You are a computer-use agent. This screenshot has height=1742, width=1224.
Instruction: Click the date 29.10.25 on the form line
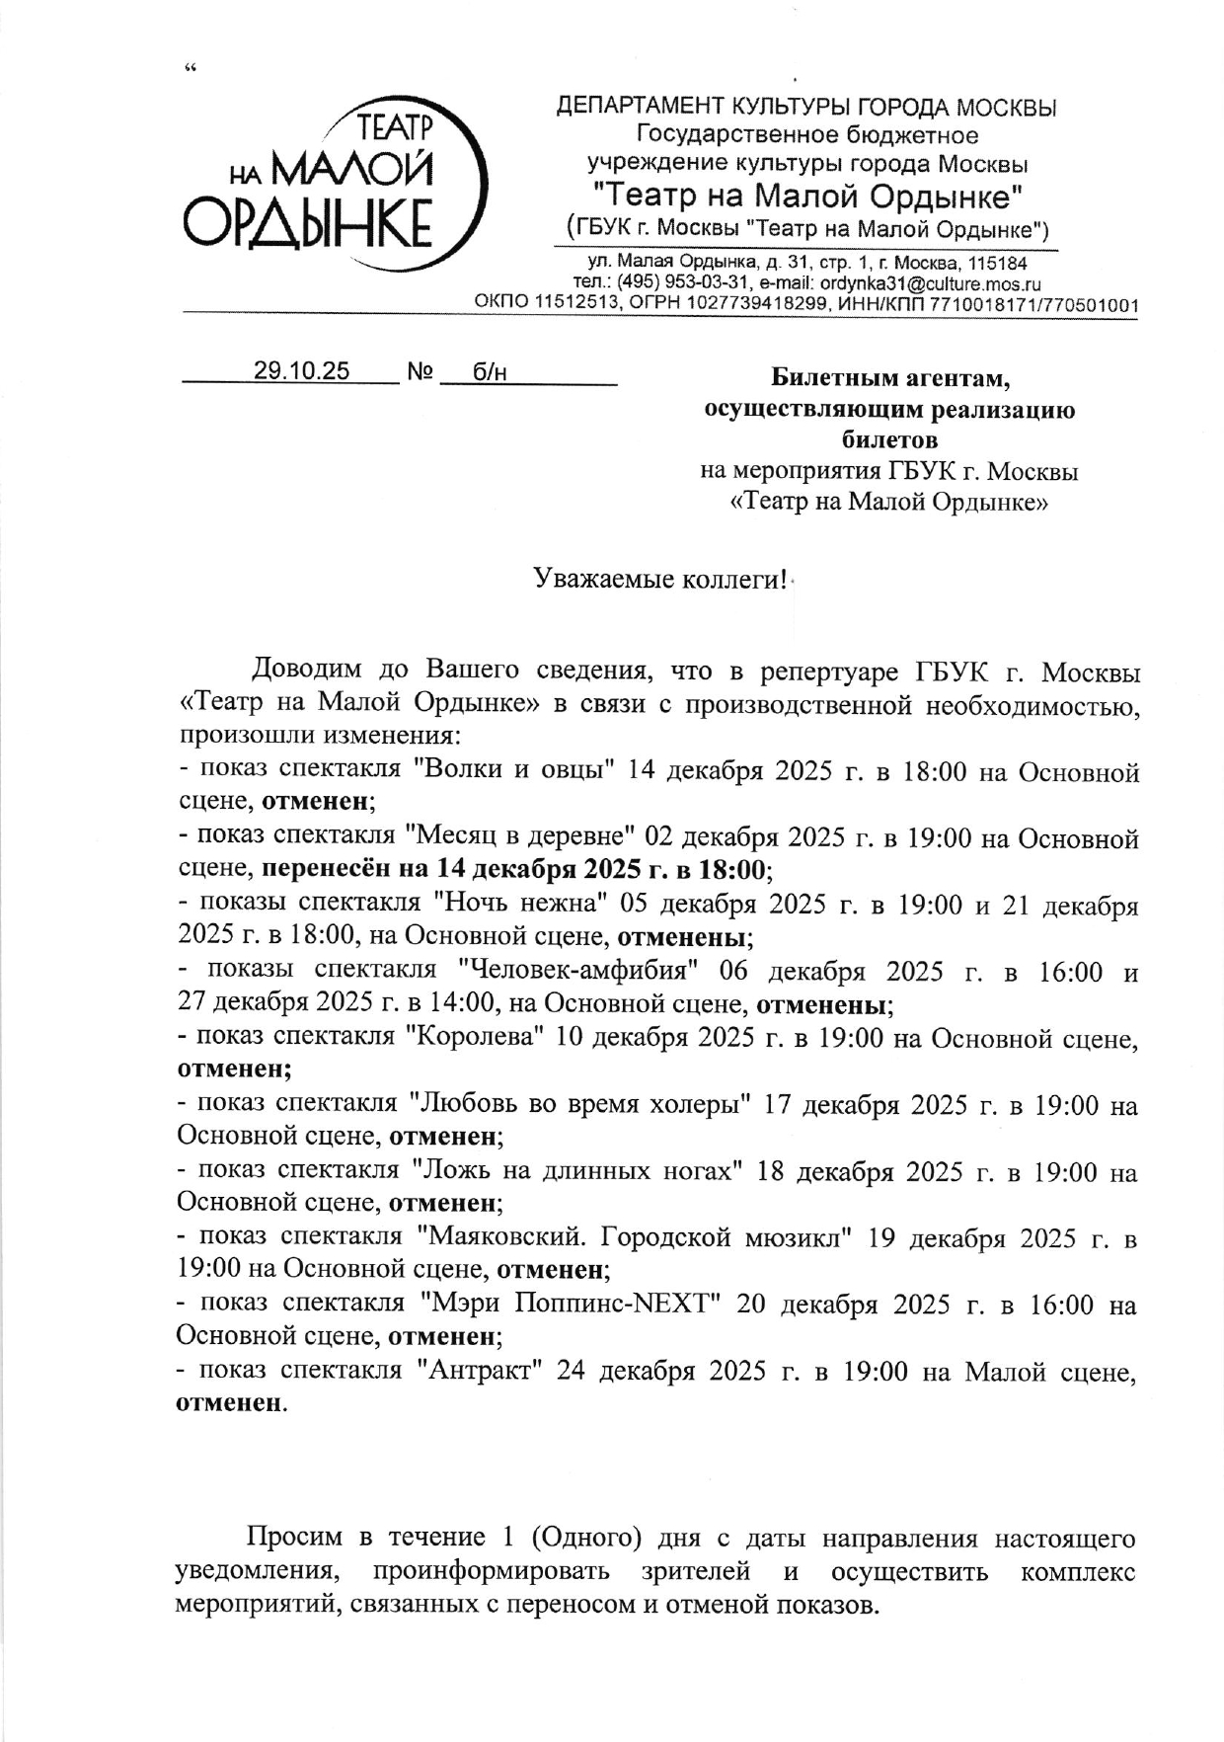point(301,371)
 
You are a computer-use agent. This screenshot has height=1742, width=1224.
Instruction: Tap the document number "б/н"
point(490,371)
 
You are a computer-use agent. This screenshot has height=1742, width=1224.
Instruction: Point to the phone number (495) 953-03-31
point(681,283)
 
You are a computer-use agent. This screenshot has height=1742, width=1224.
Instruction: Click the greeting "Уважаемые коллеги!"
point(660,579)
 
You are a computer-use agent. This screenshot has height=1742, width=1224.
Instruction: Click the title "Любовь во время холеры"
point(582,1103)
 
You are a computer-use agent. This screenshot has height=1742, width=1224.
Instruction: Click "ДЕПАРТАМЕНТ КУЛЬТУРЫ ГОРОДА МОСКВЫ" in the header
point(806,106)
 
